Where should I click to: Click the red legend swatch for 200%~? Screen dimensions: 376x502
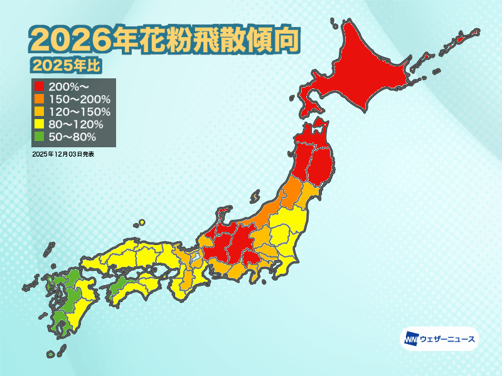(40, 86)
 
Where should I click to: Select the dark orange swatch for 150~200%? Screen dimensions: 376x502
(40, 99)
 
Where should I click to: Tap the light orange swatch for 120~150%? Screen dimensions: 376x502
(40, 112)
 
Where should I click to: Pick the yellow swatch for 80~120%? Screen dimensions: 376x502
(40, 124)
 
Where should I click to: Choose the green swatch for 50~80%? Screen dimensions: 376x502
(40, 137)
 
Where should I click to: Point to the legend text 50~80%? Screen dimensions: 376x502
(72, 137)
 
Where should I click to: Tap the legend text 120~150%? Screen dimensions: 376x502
(78, 112)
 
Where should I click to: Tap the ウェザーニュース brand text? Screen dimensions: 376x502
(447, 340)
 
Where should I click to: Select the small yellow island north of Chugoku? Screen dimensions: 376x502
(142, 222)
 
